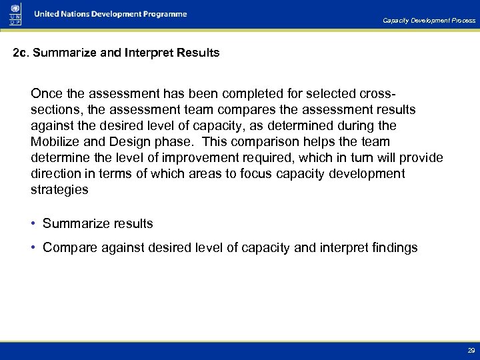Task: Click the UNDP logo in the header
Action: click(x=13, y=13)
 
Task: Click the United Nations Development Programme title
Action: click(x=111, y=14)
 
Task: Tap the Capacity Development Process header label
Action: click(x=429, y=21)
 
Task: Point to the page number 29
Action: click(x=471, y=351)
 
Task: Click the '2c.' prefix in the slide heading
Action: click(x=21, y=53)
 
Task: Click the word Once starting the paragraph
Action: click(x=46, y=94)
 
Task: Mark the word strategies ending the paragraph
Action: click(x=59, y=190)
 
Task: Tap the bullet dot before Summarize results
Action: click(x=34, y=224)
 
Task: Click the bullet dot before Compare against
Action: click(x=34, y=248)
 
